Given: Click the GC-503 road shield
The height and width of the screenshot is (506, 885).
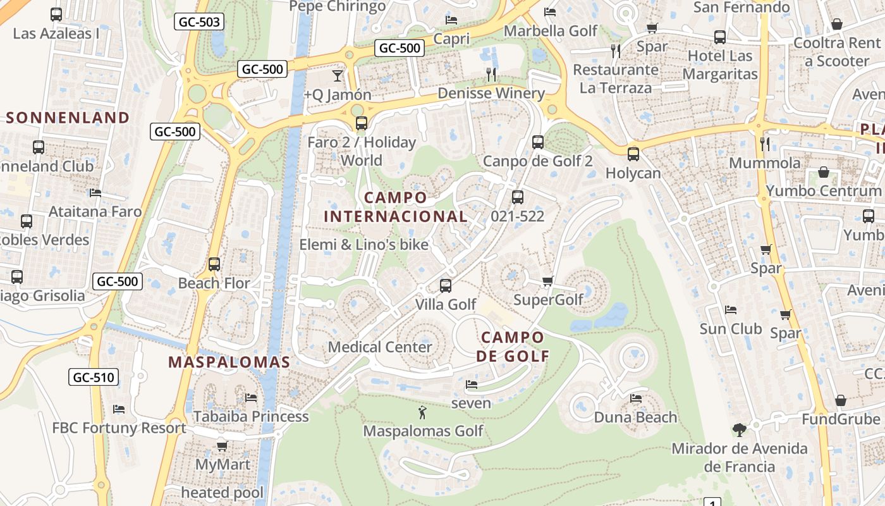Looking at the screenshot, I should coord(199,22).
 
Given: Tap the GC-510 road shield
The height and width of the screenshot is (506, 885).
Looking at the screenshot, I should coord(94,378).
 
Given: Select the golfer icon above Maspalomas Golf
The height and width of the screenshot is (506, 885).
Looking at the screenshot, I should coord(422,413).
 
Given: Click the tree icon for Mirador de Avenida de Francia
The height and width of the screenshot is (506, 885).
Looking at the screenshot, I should coord(739,430).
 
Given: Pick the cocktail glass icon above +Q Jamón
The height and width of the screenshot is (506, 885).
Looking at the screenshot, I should coord(338,76).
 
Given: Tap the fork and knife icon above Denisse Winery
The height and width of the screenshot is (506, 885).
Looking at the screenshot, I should coord(491,75).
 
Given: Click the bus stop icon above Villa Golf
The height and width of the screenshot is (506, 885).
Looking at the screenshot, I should coord(446,286).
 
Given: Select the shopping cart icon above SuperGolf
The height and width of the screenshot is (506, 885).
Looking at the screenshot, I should coord(548,281).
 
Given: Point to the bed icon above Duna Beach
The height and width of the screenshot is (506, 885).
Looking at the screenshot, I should coord(636,398).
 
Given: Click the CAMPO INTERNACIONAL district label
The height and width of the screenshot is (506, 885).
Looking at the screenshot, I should coord(396,207).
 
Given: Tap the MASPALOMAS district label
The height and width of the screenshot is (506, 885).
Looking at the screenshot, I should coord(229,362).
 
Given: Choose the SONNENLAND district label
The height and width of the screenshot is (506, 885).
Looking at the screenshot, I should coord(68,118).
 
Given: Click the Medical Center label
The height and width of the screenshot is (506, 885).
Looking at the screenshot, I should coord(380,347).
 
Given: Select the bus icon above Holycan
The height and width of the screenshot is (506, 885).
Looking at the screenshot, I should coord(633,154).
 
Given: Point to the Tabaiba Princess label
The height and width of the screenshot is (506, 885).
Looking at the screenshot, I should coord(251,416).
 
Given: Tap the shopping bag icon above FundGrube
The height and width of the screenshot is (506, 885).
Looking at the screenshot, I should coord(840,400).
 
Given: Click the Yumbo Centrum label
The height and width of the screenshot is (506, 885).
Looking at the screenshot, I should coord(823,190).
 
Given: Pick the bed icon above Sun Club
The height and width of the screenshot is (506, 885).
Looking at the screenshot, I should coord(731,310).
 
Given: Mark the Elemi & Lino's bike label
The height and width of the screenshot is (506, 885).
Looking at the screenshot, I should coord(363,245).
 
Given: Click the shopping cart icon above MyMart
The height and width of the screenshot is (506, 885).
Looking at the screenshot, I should coord(223,446).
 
